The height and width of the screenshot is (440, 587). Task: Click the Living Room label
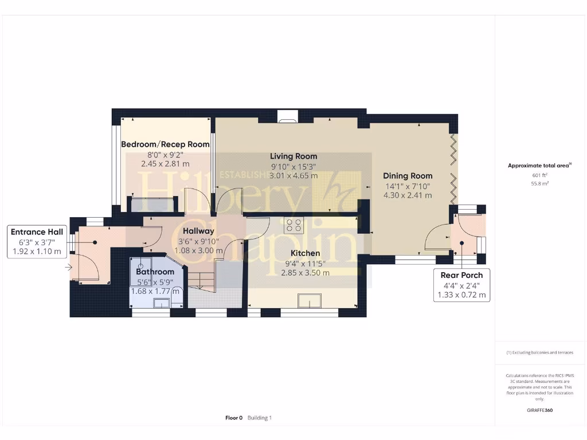pos(293,156)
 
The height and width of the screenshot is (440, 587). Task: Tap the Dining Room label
pos(408,176)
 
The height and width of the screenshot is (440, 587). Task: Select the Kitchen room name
pos(305,253)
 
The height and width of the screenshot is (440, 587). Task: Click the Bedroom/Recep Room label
pos(165,144)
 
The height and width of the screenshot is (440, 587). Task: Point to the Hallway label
pos(198,231)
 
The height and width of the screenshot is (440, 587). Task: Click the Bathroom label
pos(155,272)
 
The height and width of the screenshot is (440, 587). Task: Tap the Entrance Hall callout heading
pos(37,231)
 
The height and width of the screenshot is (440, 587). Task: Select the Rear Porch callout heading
pos(461,275)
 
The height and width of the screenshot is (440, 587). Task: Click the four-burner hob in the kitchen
pos(295,225)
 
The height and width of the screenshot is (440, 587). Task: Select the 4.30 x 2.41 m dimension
pos(408,195)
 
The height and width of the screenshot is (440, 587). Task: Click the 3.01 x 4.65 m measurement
pos(293,176)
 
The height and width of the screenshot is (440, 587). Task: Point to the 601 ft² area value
pos(540,175)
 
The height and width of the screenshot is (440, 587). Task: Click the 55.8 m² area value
pos(540,183)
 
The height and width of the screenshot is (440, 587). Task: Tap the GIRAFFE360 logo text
pos(540,410)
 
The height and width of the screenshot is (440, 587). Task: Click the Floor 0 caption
pos(234,418)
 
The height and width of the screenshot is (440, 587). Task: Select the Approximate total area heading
pos(539,166)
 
